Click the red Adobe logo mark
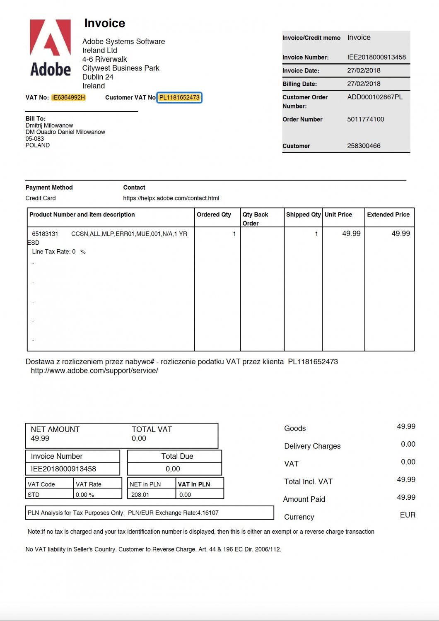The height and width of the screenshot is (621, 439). pyautogui.click(x=51, y=38)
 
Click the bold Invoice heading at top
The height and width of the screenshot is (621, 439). pyautogui.click(x=104, y=23)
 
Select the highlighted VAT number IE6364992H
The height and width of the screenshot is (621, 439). pyautogui.click(x=68, y=98)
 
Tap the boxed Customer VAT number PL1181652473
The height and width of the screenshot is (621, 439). pyautogui.click(x=179, y=98)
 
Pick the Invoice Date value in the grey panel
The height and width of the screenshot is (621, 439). pyautogui.click(x=364, y=70)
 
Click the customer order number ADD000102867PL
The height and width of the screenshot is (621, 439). pyautogui.click(x=375, y=97)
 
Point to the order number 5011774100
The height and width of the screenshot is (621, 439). pyautogui.click(x=366, y=119)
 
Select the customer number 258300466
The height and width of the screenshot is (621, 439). pyautogui.click(x=364, y=146)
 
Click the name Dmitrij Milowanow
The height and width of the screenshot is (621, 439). pyautogui.click(x=49, y=125)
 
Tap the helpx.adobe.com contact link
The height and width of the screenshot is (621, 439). pyautogui.click(x=171, y=198)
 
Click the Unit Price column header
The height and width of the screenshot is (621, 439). pyautogui.click(x=338, y=214)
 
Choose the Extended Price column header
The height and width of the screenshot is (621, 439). pyautogui.click(x=388, y=214)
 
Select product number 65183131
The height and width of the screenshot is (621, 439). pyautogui.click(x=45, y=234)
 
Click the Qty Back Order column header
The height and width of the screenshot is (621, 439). pyautogui.click(x=255, y=219)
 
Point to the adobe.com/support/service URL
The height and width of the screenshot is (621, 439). pyautogui.click(x=94, y=371)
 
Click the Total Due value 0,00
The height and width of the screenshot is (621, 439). pyautogui.click(x=173, y=469)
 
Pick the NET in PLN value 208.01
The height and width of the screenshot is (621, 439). pyautogui.click(x=140, y=495)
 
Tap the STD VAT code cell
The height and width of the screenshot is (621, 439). pyautogui.click(x=34, y=495)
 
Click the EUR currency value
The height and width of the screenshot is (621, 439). pyautogui.click(x=408, y=515)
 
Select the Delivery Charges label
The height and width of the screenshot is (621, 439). pyautogui.click(x=312, y=446)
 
